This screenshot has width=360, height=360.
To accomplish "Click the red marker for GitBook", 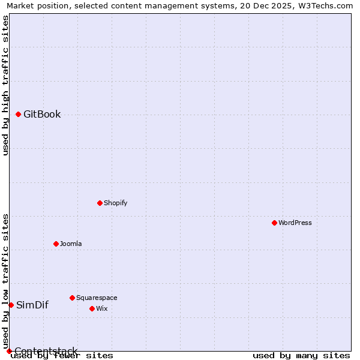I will click(x=18, y=114).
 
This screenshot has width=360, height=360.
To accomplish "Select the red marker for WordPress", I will click(x=274, y=223).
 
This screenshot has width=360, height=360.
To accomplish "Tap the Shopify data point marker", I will click(x=100, y=203).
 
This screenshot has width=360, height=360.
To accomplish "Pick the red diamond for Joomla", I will click(x=56, y=244).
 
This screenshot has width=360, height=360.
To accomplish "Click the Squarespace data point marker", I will click(x=72, y=298).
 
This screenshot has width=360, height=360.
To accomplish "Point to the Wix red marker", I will click(x=92, y=308).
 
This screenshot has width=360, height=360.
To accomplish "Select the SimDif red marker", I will click(x=11, y=305).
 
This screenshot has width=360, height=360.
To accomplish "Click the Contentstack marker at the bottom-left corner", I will click(x=9, y=351).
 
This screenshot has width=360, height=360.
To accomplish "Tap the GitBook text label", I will click(x=42, y=114).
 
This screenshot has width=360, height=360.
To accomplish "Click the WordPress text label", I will click(x=295, y=223).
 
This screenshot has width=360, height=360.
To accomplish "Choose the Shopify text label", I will click(x=116, y=203).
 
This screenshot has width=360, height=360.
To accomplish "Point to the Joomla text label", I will click(x=71, y=244).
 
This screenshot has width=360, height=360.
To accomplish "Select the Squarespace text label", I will click(x=97, y=298).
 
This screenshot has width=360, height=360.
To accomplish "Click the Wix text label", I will click(x=102, y=308).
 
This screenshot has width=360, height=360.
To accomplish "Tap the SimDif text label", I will click(x=32, y=305).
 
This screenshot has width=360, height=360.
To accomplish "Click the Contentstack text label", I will click(x=46, y=351).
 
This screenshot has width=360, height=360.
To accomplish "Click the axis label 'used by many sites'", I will click(x=301, y=355).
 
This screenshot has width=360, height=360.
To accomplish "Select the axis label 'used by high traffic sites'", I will click(x=5, y=85).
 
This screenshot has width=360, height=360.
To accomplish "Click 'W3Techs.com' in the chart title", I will click(x=325, y=5).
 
